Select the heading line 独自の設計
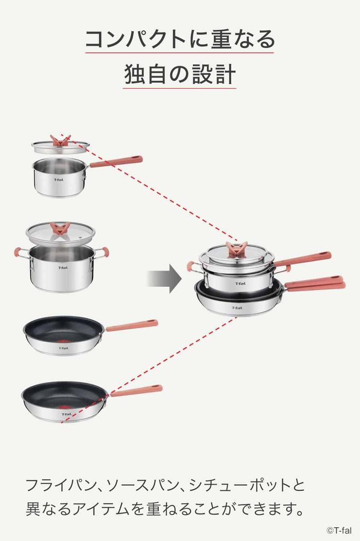coord(179,75)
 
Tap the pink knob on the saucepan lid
coord(60,141)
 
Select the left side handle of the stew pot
coord(20,253)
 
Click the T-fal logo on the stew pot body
coord(63,268)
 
